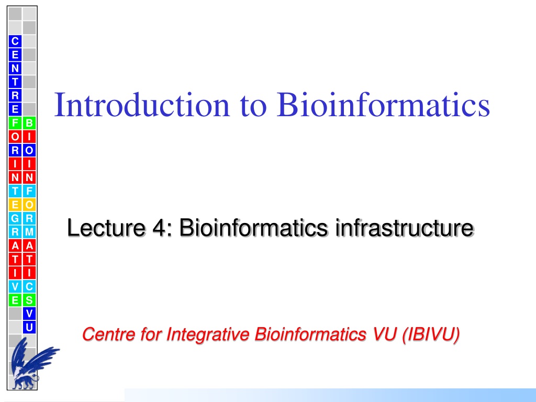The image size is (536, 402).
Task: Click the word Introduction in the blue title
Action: coord(142,105)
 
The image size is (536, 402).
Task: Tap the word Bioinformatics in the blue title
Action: coord(383,105)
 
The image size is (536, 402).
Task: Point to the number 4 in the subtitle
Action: coord(160,228)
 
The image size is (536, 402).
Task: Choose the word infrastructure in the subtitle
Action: coord(405,227)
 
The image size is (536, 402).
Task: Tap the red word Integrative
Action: coord(208,334)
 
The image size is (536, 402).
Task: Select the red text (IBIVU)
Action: coord(431,334)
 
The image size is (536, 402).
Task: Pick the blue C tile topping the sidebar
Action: coord(15,41)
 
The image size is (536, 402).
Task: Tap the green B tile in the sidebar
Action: coord(29,123)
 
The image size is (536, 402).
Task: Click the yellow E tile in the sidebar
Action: coord(15,205)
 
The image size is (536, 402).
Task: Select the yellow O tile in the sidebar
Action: coord(29,205)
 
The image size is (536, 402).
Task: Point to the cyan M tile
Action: coord(29,232)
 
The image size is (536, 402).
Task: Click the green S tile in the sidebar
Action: coord(29,300)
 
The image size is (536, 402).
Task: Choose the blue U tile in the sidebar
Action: coord(29,328)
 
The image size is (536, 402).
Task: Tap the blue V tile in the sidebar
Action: coord(29,314)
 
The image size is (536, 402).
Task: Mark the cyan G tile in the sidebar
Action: coord(15,218)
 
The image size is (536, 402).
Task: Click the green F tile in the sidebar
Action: coord(15,123)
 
